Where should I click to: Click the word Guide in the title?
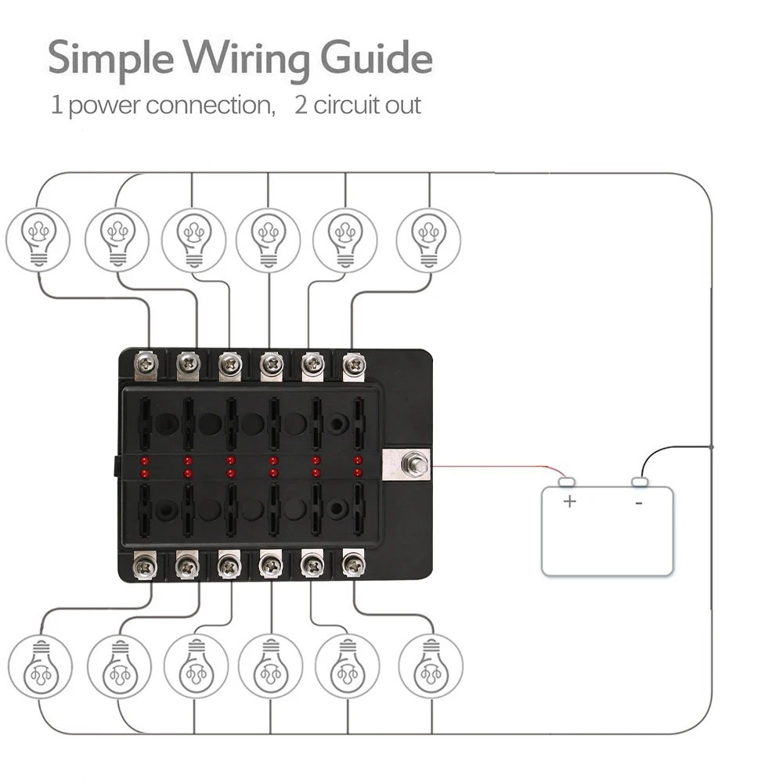pos(376,59)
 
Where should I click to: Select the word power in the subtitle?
pos(104,106)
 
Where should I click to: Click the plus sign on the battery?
pos(569,501)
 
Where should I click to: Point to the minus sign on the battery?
pos(639,503)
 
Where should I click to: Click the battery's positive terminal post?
pos(566,482)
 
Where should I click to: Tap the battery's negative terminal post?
pos(640,482)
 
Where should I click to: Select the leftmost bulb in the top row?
pos(38,240)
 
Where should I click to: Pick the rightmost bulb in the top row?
pos(428,240)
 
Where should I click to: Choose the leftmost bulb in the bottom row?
pos(40,666)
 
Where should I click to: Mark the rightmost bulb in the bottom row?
pos(431,666)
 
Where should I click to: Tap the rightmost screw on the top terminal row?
pos(354,364)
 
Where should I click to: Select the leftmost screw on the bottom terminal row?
pos(145,567)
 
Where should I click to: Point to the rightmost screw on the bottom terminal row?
pos(353,566)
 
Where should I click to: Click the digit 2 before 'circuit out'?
pos(301,105)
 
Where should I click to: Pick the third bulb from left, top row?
pos(193,240)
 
